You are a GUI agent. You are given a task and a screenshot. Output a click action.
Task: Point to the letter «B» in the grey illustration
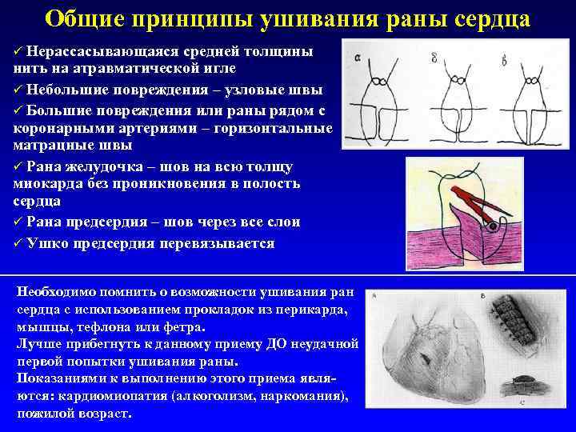point(484,296)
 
